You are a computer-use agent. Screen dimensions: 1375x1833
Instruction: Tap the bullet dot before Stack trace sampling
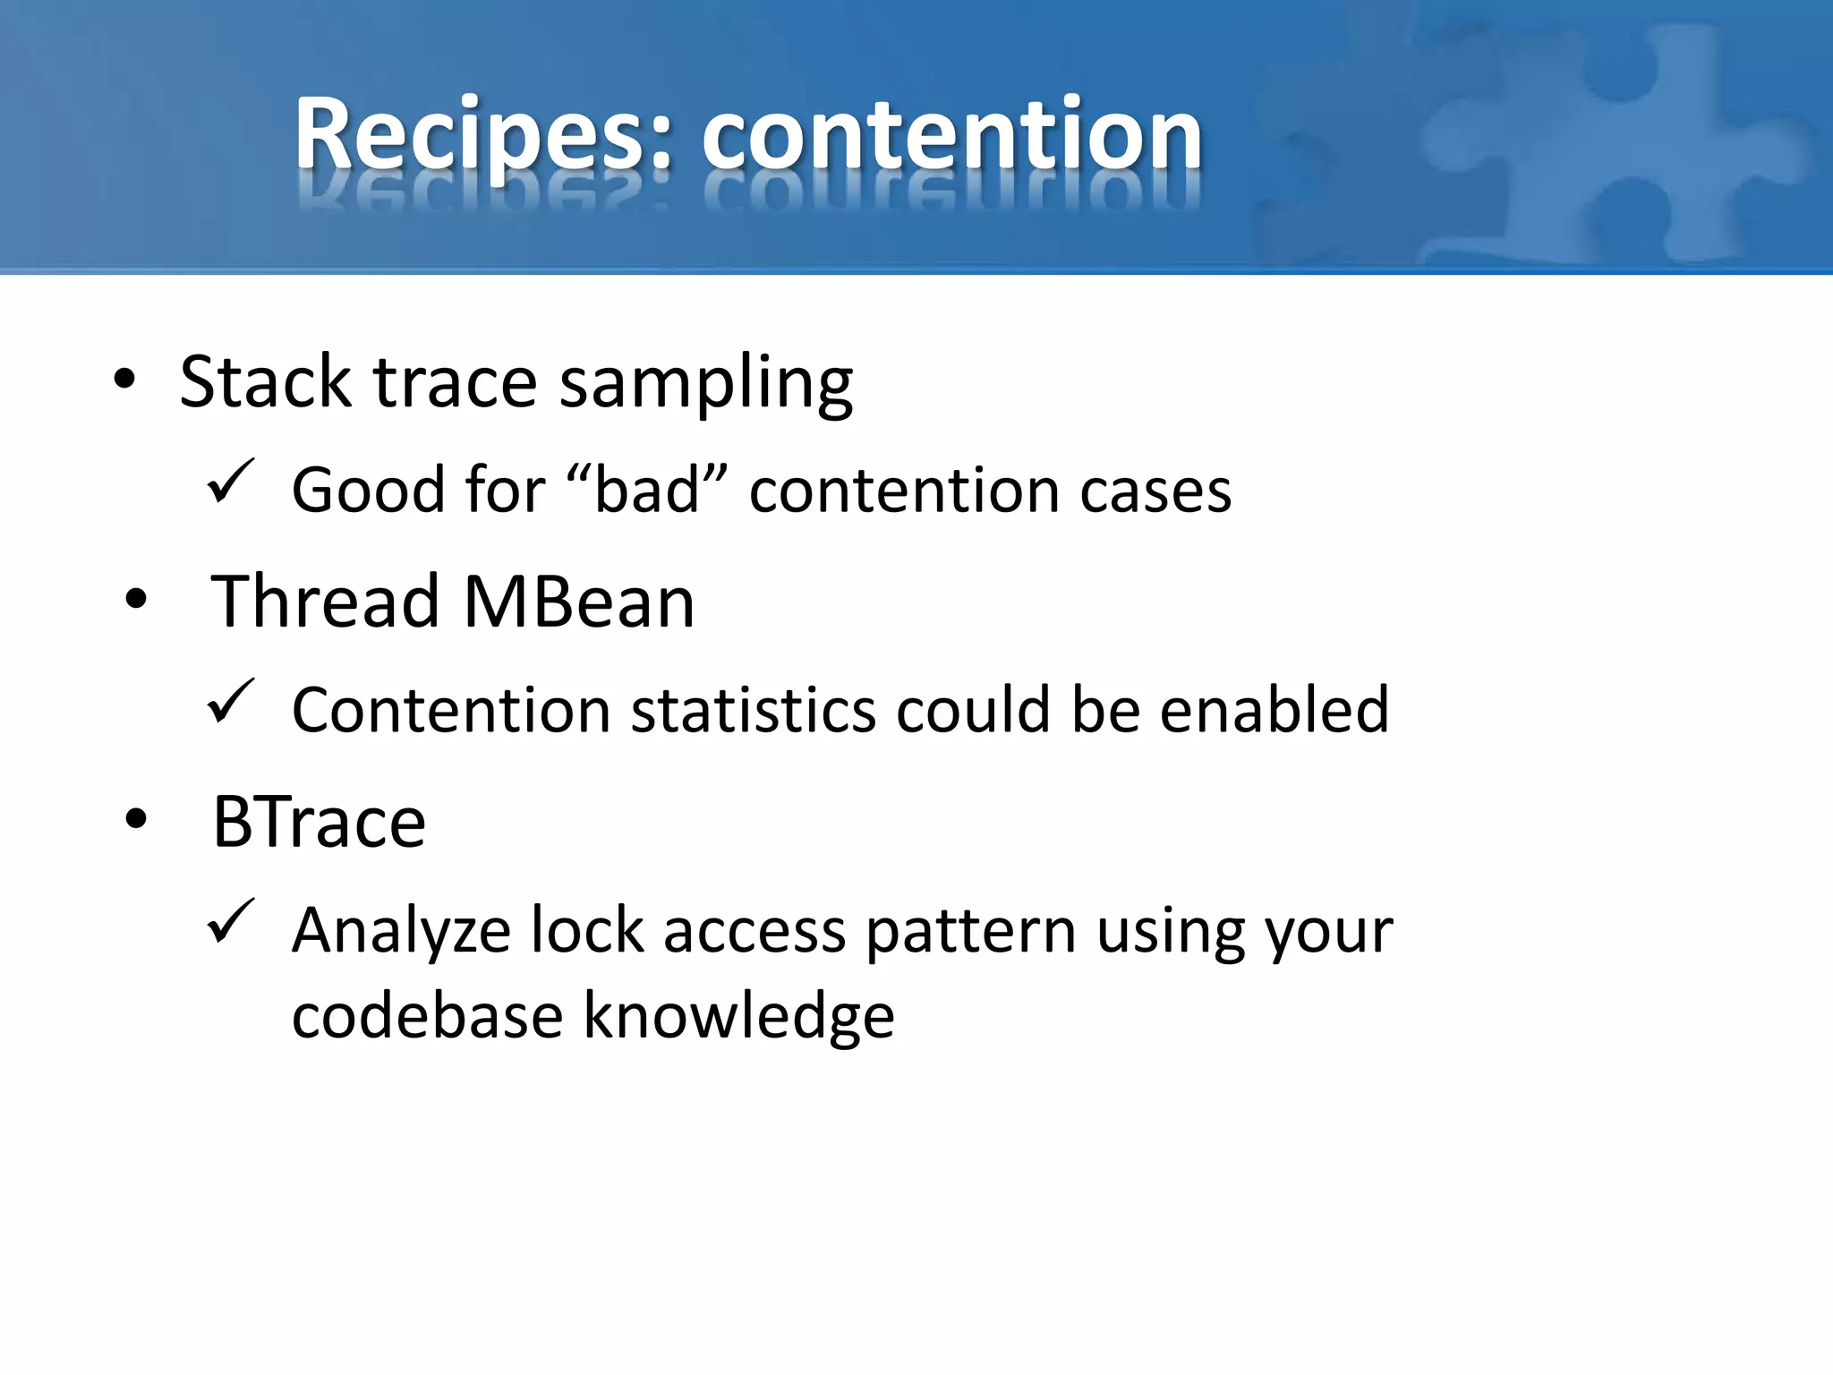(124, 380)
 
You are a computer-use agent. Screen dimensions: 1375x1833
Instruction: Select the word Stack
(264, 382)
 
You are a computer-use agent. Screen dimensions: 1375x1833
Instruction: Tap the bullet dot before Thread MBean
(136, 599)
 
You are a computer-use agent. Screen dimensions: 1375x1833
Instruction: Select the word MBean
(579, 602)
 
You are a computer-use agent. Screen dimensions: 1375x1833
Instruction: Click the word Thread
(326, 602)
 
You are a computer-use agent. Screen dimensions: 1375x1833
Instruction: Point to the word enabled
(1275, 710)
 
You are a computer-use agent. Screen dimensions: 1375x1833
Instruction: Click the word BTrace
(319, 822)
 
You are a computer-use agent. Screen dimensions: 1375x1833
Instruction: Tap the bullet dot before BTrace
(136, 818)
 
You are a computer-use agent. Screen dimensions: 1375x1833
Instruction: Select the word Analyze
(401, 931)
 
